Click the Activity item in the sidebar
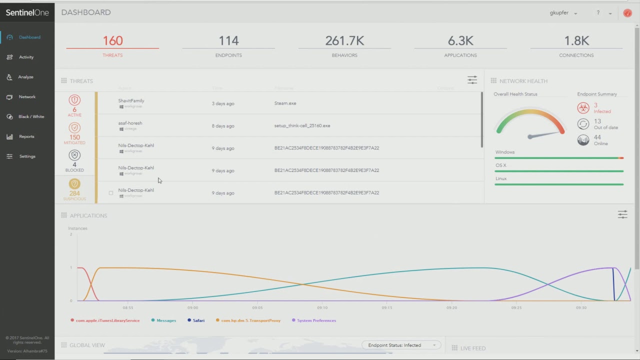coord(26,57)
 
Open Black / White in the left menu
coord(31,116)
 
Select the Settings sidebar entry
coord(27,156)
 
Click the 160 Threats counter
coord(112,41)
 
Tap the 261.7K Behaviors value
coord(344,41)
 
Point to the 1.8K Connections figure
coord(576,41)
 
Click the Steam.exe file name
coord(285,103)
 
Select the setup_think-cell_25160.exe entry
coord(302,126)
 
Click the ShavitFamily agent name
coord(131,101)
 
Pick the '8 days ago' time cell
coord(223,126)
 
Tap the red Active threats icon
coord(74,100)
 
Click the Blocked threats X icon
coord(74,155)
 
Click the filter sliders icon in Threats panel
coord(472,80)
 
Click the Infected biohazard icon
coord(583,108)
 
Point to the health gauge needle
coord(545,134)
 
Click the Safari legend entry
coord(198,320)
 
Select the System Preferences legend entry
coord(316,320)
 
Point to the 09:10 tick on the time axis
coord(322,307)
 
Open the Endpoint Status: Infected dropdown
coord(401,345)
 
